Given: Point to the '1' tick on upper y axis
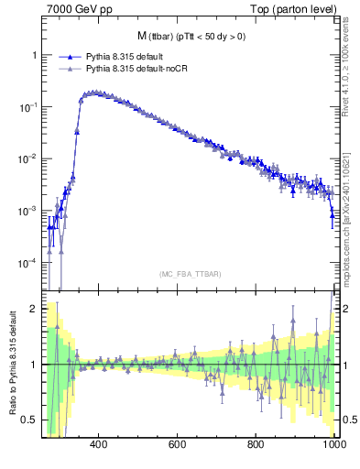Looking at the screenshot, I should click(34, 55).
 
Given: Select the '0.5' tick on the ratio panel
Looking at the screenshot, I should click(29, 420).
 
